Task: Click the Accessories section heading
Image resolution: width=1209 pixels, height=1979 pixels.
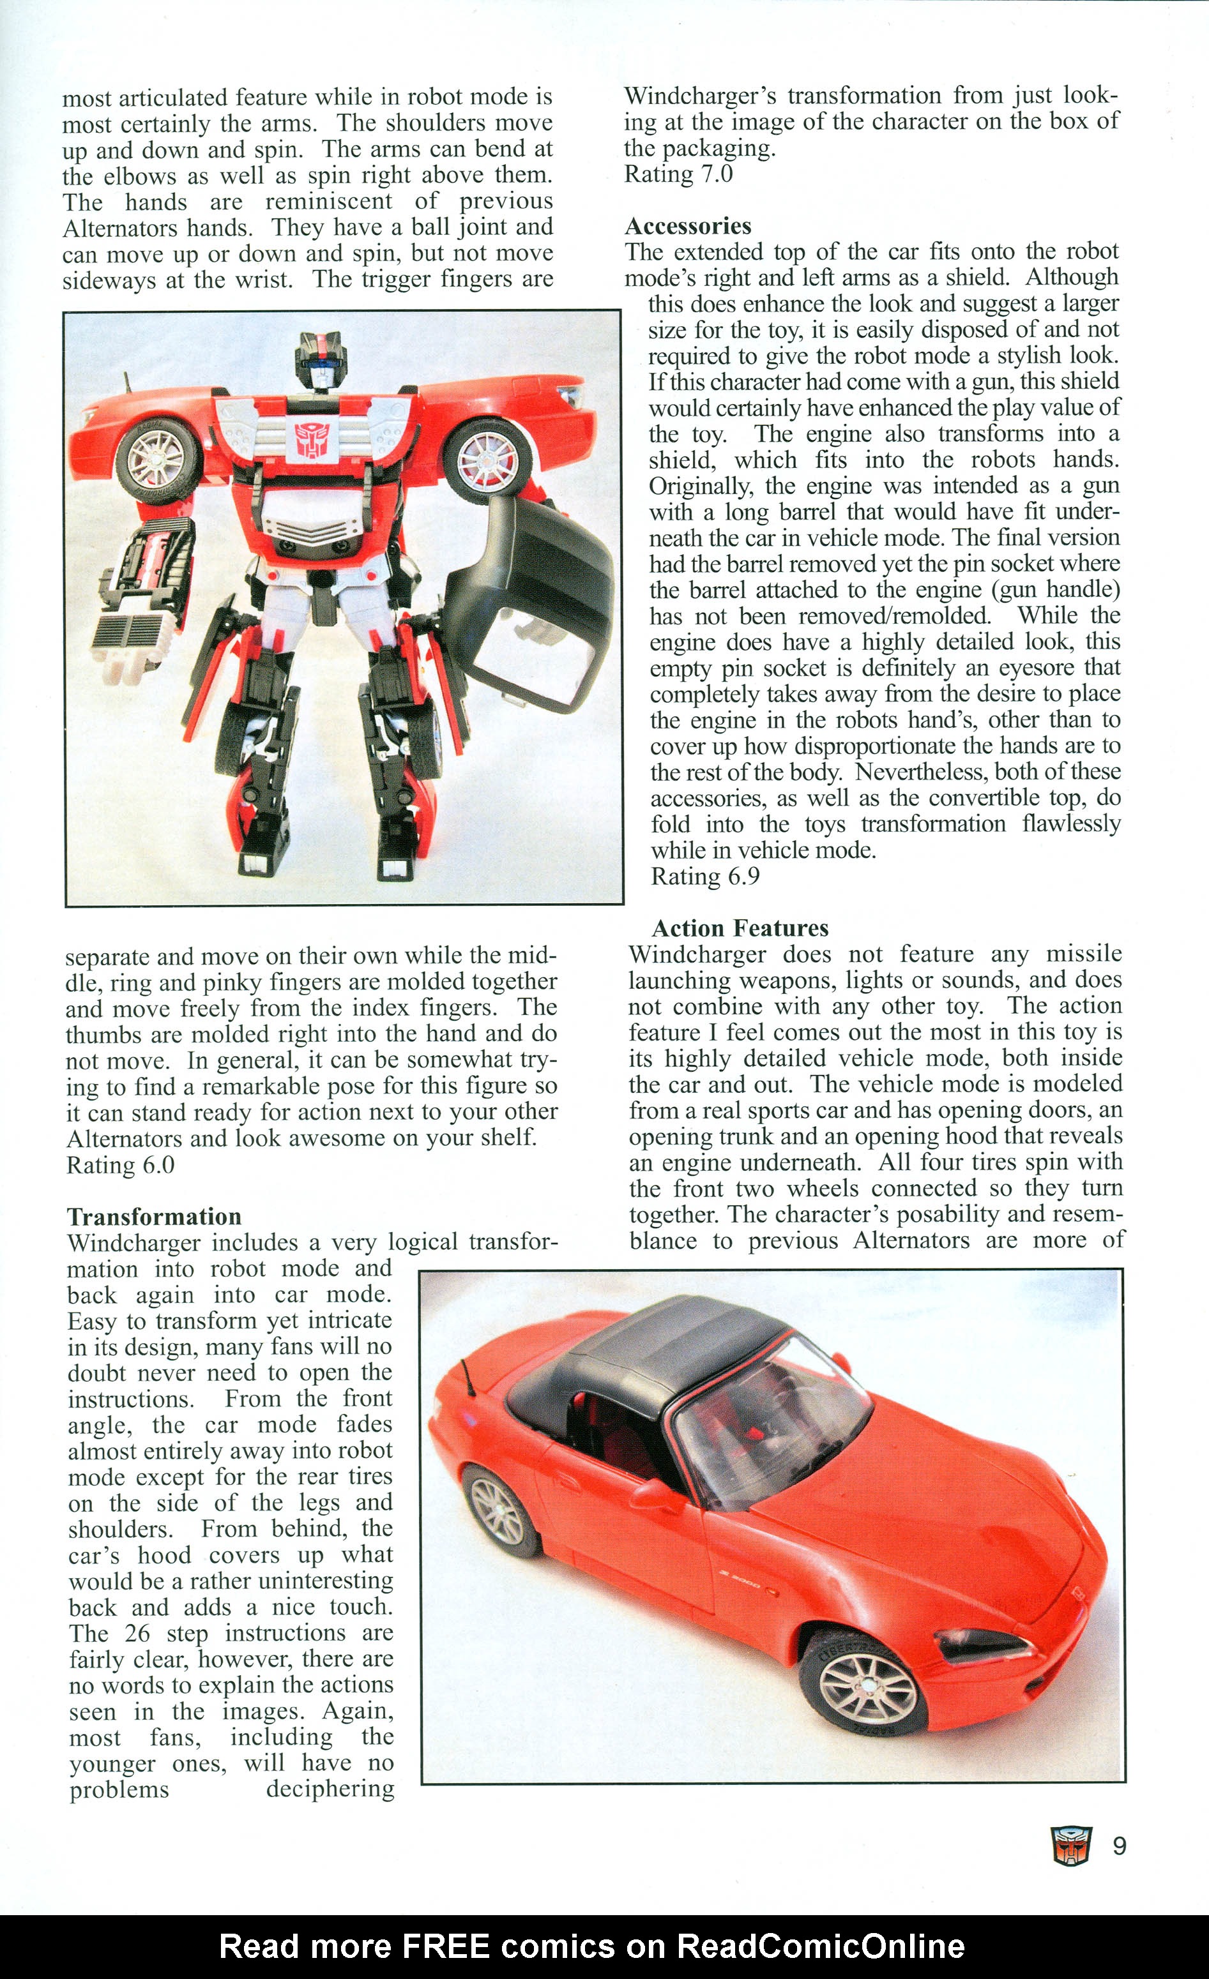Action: pyautogui.click(x=688, y=226)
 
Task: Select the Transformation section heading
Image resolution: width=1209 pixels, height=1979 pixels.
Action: pyautogui.click(x=153, y=1216)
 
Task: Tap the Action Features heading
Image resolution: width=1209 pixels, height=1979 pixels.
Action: pyautogui.click(x=739, y=928)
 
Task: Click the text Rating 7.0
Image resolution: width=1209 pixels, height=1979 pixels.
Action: pyautogui.click(x=678, y=174)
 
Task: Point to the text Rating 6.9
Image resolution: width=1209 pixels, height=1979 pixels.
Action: pyautogui.click(x=704, y=877)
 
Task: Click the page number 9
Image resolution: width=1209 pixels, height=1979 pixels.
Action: pyautogui.click(x=1119, y=1846)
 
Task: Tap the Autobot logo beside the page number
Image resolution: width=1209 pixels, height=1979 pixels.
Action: pyautogui.click(x=1072, y=1846)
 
